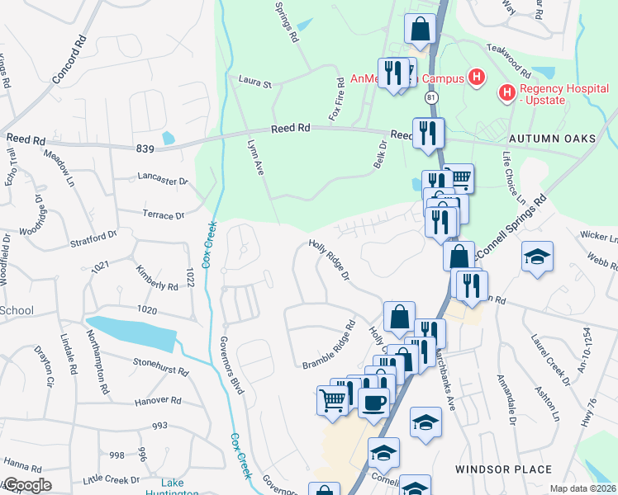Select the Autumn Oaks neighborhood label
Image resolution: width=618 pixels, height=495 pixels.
pyautogui.click(x=552, y=139)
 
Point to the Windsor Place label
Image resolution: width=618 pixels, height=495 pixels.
pyautogui.click(x=504, y=469)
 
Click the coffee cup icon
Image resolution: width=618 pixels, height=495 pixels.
pyautogui.click(x=373, y=403)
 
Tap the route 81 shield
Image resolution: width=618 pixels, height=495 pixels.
pyautogui.click(x=431, y=98)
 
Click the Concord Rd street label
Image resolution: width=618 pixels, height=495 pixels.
pyautogui.click(x=69, y=63)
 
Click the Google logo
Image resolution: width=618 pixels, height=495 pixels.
pyautogui.click(x=26, y=485)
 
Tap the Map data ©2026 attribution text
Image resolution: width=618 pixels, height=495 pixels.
pyautogui.click(x=582, y=488)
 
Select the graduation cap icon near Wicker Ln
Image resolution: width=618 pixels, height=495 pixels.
pyautogui.click(x=537, y=257)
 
